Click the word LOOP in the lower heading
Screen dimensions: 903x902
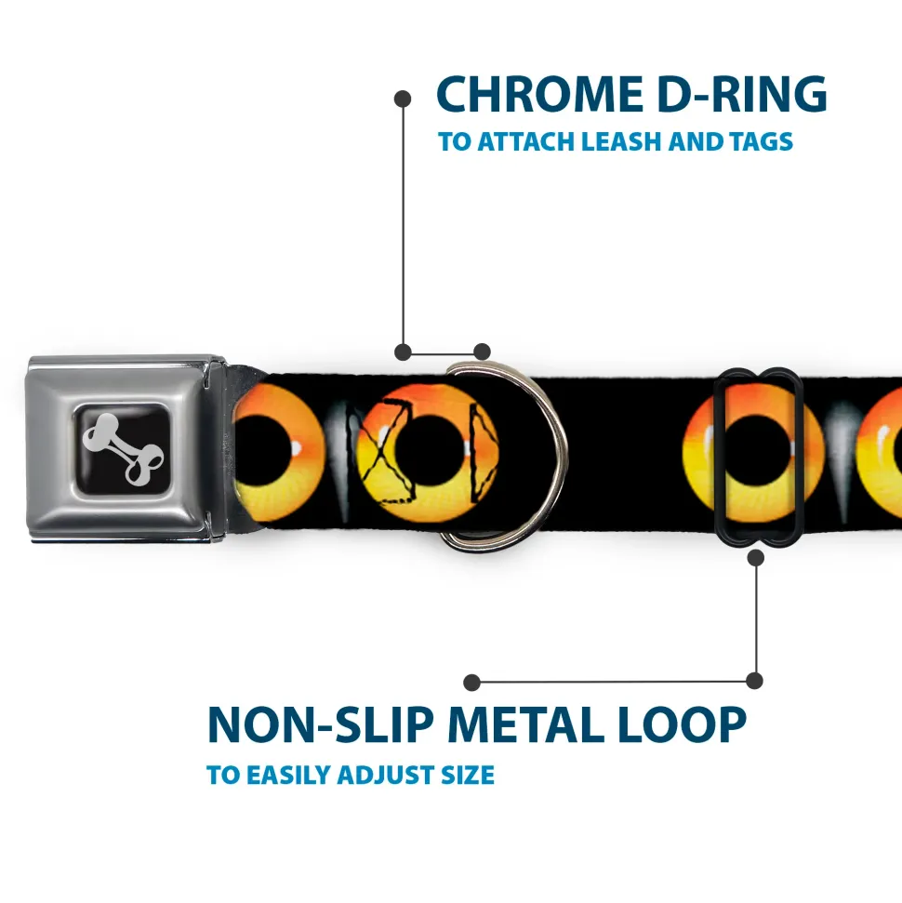[687, 725]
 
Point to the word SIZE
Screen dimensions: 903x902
[468, 775]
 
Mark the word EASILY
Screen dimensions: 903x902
[298, 775]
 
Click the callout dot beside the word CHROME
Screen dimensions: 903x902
[403, 98]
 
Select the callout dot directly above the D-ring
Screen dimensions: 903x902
[482, 352]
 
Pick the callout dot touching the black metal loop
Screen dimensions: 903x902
[755, 558]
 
